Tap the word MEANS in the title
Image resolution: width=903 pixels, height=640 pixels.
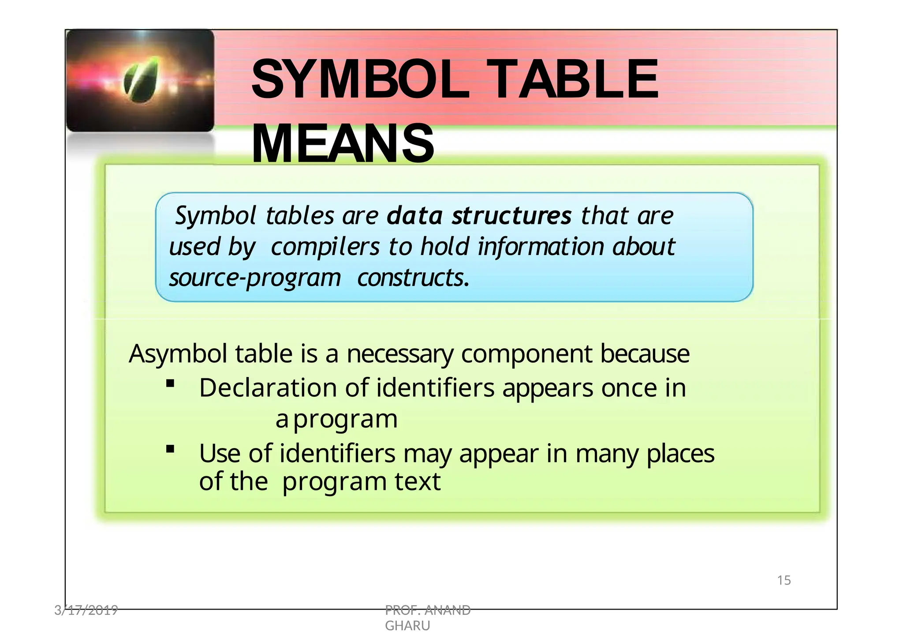pos(343,144)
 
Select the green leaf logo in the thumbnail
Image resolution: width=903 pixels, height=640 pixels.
pos(141,79)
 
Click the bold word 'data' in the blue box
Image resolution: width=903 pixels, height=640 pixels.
pos(414,216)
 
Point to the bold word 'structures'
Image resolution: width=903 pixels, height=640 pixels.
pos(511,216)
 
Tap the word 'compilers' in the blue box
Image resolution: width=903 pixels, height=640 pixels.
pos(325,247)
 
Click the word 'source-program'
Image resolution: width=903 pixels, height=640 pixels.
pos(255,278)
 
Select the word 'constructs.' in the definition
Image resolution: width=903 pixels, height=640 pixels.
pos(413,278)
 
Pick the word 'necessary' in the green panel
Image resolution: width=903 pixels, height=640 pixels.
pos(399,354)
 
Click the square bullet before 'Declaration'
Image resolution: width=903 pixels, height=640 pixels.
pos(170,384)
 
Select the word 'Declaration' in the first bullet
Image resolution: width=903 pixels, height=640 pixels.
pos(268,388)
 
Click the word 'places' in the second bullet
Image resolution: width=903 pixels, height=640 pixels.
pos(680,454)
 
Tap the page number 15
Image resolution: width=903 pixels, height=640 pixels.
pos(784,580)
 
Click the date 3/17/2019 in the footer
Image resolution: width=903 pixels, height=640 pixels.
pos(86,610)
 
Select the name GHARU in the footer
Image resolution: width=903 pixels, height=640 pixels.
pos(407,626)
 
